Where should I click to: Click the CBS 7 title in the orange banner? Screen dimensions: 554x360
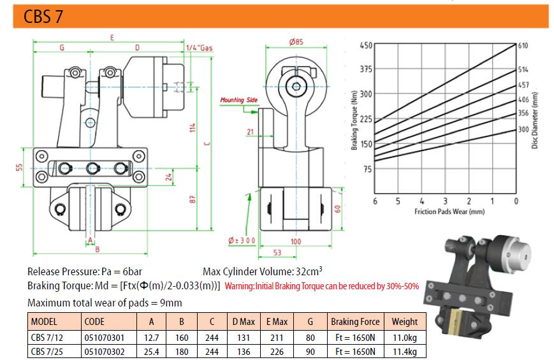[43, 17]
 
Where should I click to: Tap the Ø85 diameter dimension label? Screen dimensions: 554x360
[296, 41]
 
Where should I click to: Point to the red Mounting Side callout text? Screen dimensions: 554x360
[239, 100]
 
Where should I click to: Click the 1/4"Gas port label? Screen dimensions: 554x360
[200, 48]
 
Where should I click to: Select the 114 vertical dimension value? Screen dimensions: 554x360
[192, 127]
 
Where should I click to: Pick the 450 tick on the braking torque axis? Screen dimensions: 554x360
[366, 45]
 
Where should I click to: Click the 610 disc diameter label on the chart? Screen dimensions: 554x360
[523, 45]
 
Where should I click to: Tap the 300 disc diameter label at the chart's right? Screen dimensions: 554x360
[523, 129]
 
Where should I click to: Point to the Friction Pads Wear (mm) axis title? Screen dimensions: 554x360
[449, 212]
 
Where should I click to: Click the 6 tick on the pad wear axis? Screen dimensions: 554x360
[375, 201]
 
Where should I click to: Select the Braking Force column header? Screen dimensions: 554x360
[355, 322]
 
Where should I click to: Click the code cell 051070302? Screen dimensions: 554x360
[104, 352]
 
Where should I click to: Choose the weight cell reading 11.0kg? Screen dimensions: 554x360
[405, 338]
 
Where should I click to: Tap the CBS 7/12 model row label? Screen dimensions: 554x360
[47, 338]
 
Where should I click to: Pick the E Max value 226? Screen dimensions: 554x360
[277, 352]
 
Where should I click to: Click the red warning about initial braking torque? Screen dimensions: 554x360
[322, 286]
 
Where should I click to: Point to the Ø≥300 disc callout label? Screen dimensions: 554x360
[242, 241]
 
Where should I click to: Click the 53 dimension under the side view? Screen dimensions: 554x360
[277, 252]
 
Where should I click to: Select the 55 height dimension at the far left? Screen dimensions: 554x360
[19, 167]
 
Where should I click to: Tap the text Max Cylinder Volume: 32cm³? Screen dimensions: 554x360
[263, 271]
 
